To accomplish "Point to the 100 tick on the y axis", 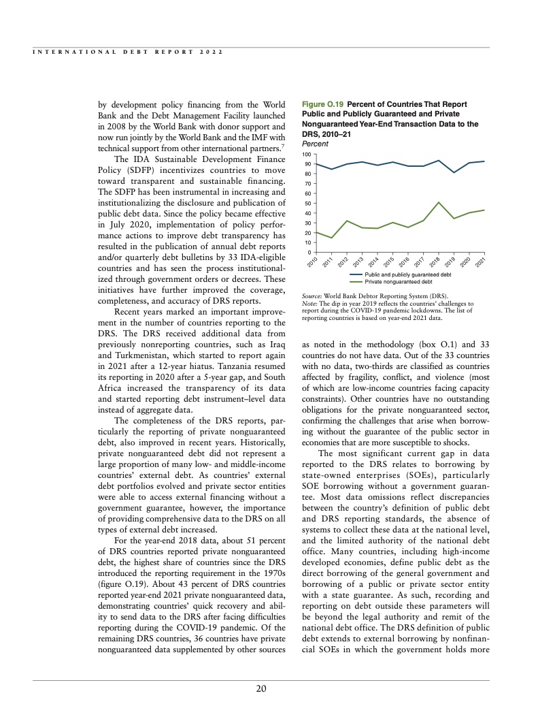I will (x=307, y=155).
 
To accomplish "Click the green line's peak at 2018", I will (x=439, y=203).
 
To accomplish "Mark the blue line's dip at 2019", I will (x=454, y=172).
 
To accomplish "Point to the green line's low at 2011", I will (x=332, y=238).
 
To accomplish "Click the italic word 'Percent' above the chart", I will (x=315, y=144).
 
